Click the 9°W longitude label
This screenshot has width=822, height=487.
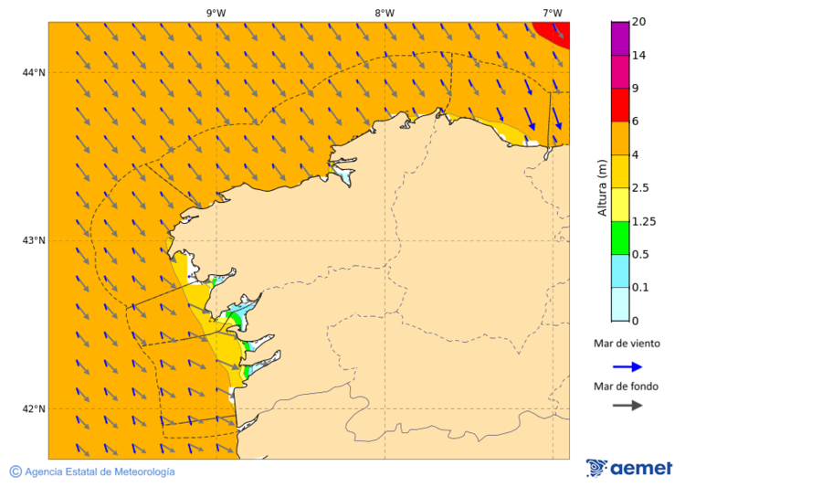tap(216, 13)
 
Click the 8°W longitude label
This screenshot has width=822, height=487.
tap(384, 13)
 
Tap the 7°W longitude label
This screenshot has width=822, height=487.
tap(552, 13)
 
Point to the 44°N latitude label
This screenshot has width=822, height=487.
tap(34, 72)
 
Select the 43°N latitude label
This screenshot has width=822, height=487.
tap(34, 240)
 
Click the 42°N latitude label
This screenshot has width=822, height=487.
tap(34, 408)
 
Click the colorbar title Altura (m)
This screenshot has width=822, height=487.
tap(601, 187)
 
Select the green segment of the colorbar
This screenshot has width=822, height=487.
tap(619, 238)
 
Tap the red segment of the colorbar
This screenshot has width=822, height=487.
tap(619, 104)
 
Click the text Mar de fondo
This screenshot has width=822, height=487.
tap(626, 386)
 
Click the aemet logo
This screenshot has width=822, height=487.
tap(629, 468)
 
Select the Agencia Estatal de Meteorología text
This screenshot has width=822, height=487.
tap(100, 471)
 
